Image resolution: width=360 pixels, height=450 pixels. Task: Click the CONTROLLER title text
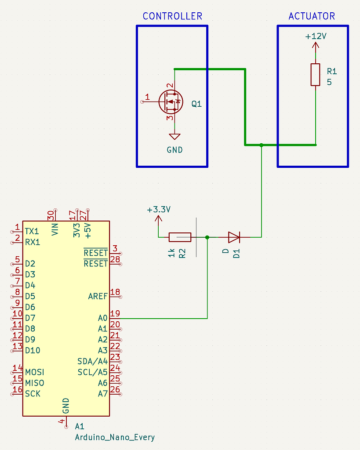172,16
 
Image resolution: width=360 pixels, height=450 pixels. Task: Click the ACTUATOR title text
312,16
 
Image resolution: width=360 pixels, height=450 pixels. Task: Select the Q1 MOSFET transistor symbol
170,101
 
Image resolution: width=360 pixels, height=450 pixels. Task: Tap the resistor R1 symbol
315,75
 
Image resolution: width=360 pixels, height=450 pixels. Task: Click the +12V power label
316,36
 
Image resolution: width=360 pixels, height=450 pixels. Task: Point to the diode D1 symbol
234,237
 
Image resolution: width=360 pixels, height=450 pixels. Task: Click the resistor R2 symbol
180,237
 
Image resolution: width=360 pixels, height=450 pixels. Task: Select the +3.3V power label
159,210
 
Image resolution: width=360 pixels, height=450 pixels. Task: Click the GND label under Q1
175,150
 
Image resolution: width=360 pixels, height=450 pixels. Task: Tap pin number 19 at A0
115,314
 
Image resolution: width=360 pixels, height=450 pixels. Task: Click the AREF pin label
98,296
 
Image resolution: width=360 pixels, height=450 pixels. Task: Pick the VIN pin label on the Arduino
55,229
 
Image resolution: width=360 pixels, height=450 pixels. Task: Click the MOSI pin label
35,372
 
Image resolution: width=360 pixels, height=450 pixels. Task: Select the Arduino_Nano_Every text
115,437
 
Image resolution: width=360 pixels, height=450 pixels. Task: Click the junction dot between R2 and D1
207,237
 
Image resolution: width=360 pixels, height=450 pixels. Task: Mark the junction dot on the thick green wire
261,145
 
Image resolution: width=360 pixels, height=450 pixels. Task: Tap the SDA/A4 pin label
92,361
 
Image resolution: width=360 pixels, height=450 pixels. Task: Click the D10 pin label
33,351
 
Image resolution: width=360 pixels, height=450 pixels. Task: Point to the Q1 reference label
196,104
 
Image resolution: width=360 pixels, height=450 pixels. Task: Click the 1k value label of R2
171,253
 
